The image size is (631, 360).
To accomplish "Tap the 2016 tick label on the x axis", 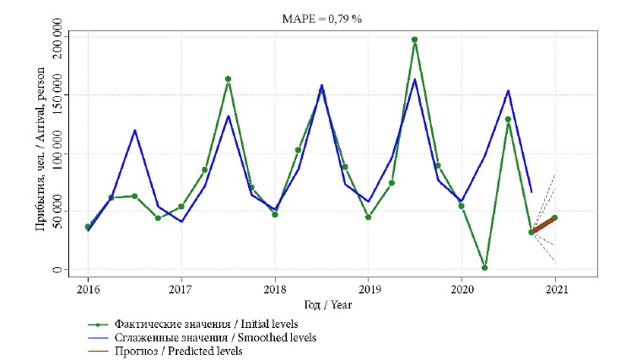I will tap(88, 290).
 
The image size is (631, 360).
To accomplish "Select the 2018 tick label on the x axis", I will tap(274, 290).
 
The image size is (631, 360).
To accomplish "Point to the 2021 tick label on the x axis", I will tap(554, 290).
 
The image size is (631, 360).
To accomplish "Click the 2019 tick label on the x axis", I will tap(368, 290).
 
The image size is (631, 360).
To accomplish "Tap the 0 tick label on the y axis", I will tap(58, 270).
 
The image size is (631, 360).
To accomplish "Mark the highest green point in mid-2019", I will tap(414, 40).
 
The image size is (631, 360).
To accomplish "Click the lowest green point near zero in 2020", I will tap(484, 268).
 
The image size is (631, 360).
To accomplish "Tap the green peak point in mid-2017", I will tap(228, 79).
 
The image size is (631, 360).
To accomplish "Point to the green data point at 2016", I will tap(88, 227).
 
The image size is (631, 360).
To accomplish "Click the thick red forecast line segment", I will tap(543, 224).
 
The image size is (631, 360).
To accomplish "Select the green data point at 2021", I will tap(554, 218).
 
